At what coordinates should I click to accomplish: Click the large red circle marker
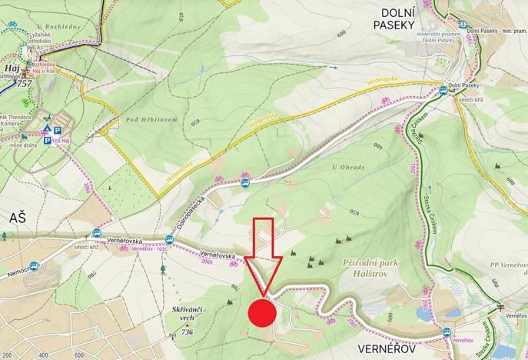[262, 313]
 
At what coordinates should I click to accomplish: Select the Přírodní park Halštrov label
[373, 269]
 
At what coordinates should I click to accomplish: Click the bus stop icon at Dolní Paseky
[442, 90]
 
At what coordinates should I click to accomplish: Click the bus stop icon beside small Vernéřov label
[447, 332]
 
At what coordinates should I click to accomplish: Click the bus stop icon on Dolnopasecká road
[245, 183]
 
